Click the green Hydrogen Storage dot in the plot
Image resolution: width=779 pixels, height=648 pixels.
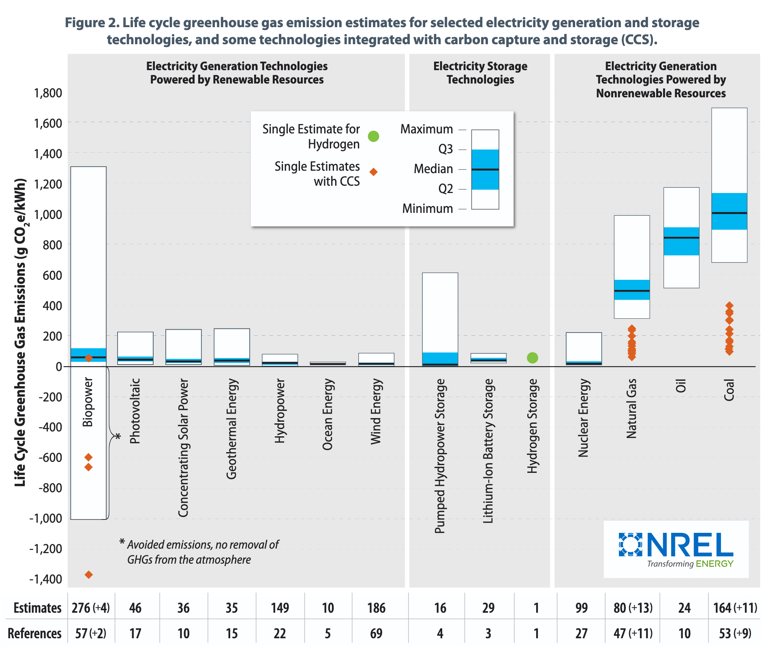pyautogui.click(x=532, y=358)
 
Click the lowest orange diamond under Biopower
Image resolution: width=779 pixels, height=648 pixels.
pyautogui.click(x=88, y=574)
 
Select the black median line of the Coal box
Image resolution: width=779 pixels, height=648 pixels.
pyautogui.click(x=729, y=213)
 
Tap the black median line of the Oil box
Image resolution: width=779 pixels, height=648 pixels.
pyautogui.click(x=681, y=238)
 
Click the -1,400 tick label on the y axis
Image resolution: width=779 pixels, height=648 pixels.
pyautogui.click(x=45, y=579)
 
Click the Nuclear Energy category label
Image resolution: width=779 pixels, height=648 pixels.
pyautogui.click(x=583, y=418)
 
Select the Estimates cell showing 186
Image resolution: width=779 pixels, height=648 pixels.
pyautogui.click(x=376, y=608)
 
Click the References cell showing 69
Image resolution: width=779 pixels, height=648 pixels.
pyautogui.click(x=376, y=633)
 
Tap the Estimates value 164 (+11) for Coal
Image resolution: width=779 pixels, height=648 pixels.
pyautogui.click(x=735, y=608)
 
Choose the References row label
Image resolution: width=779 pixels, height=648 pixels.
pyautogui.click(x=34, y=633)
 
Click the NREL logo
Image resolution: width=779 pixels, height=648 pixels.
pyautogui.click(x=676, y=549)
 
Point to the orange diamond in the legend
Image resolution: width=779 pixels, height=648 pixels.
pyautogui.click(x=373, y=172)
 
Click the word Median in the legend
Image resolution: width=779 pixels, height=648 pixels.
pyautogui.click(x=433, y=169)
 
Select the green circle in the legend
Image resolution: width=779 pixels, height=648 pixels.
pyautogui.click(x=373, y=136)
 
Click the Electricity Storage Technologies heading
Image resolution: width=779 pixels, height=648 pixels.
pyautogui.click(x=480, y=73)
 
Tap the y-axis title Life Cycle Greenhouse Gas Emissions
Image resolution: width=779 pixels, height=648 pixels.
pyautogui.click(x=20, y=333)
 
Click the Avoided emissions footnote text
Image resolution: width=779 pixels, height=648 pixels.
pyautogui.click(x=203, y=552)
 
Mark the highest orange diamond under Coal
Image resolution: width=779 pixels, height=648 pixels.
pyautogui.click(x=729, y=305)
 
